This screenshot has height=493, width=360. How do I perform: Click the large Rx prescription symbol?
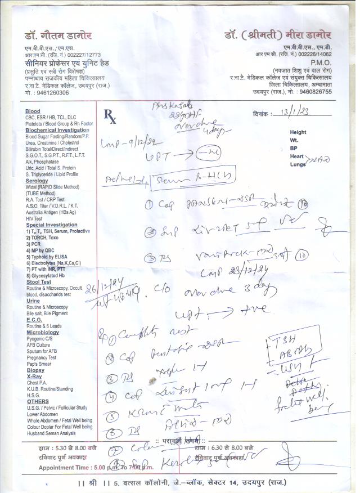(110, 116)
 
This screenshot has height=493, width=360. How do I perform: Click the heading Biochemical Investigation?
(57, 130)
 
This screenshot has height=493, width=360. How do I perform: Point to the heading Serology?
(37, 181)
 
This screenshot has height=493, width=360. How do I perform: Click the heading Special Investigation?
(51, 225)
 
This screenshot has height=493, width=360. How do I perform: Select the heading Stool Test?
(39, 281)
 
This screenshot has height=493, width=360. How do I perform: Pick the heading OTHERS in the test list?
(37, 401)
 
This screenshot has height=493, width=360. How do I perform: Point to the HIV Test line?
(37, 218)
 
